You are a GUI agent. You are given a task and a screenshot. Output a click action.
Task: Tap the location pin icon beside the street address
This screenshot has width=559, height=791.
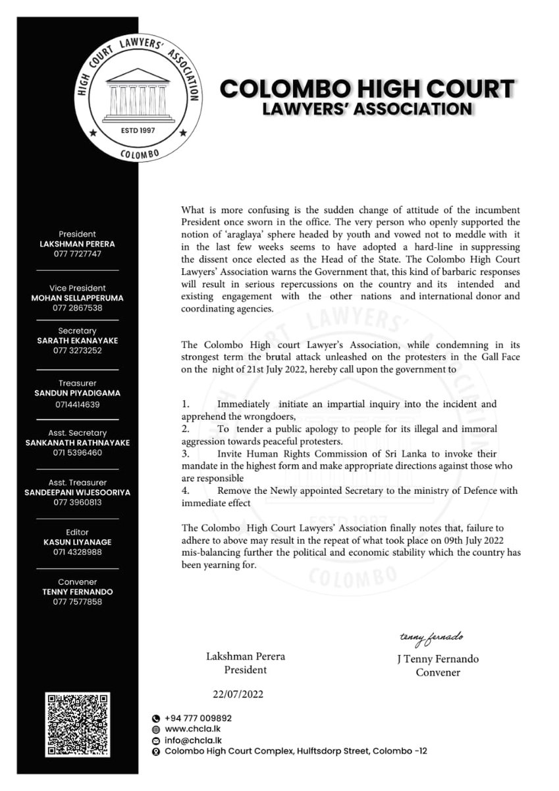[155, 751]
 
